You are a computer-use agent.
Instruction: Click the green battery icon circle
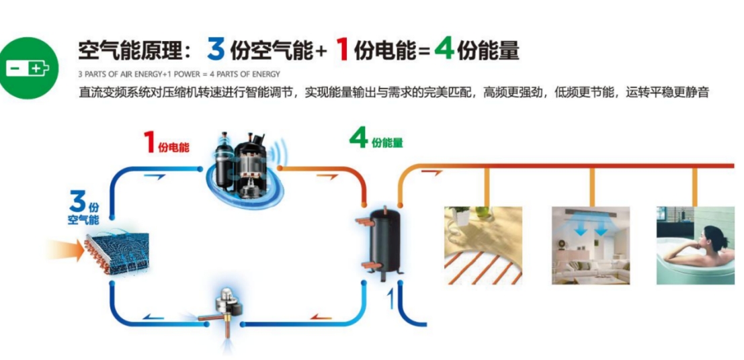pos(28,68)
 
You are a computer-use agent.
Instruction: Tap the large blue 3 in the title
pos(216,49)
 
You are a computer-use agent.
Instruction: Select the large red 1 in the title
pos(342,50)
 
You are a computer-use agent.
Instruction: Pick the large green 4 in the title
pos(444,49)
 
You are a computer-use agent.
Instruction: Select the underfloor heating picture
pos(484,244)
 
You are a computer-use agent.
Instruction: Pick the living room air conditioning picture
pos(591,244)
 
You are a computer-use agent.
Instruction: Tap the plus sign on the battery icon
pos(35,68)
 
